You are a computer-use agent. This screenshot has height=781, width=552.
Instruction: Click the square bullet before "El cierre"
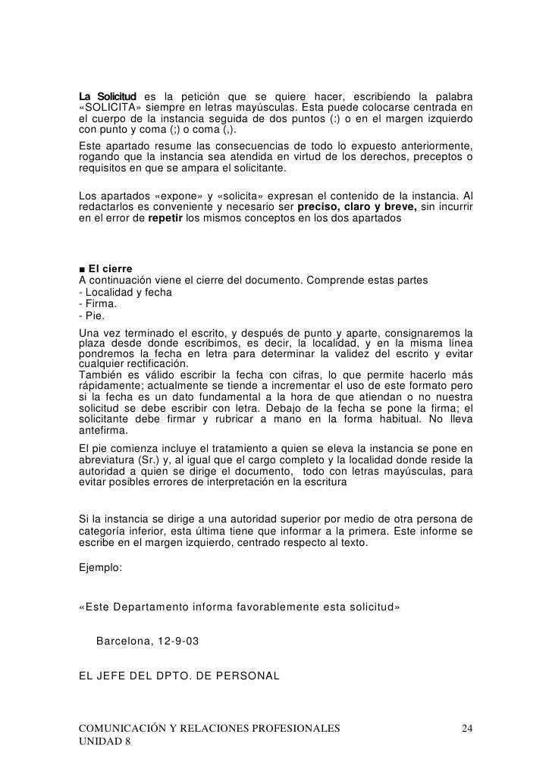pyautogui.click(x=82, y=269)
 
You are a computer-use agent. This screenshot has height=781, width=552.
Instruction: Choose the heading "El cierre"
pyautogui.click(x=111, y=269)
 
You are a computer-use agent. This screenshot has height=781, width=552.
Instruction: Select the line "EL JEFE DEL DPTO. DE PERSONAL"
pyautogui.click(x=180, y=672)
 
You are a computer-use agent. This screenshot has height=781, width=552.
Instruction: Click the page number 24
pyautogui.click(x=468, y=729)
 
